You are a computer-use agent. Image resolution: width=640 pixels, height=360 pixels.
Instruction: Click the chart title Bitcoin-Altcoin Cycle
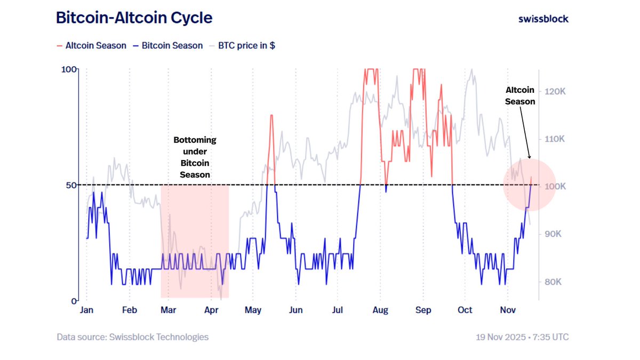134,18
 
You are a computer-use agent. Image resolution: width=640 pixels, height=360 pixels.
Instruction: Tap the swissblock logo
543,19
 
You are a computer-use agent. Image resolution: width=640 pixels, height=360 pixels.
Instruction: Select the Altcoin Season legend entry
91,46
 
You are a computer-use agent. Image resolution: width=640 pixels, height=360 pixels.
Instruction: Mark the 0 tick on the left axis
74,301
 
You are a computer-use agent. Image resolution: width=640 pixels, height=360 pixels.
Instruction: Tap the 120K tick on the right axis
555,92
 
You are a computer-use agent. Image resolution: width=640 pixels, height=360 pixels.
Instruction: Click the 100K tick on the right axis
555,187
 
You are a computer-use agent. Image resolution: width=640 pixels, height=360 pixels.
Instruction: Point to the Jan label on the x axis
87,310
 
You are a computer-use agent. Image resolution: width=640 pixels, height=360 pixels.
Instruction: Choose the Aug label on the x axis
380,310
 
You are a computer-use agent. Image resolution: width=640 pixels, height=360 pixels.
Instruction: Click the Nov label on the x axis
507,310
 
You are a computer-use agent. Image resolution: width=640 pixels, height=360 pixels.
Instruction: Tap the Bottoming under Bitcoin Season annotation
195,157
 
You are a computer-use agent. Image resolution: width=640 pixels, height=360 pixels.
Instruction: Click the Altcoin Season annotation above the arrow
520,96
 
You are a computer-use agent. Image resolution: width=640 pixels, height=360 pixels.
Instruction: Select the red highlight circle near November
530,185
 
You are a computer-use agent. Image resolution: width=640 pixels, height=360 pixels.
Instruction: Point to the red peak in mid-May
271,116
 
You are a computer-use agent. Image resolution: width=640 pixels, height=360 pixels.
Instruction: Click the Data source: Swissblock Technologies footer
133,337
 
